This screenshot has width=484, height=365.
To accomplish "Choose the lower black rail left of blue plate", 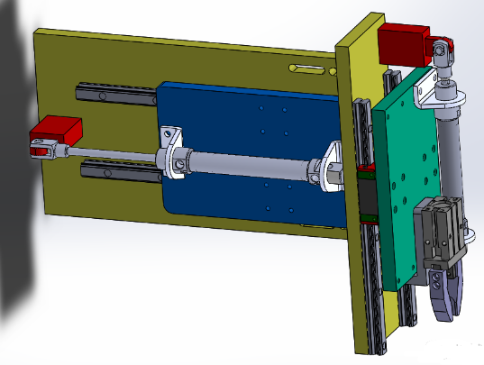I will click(x=117, y=170).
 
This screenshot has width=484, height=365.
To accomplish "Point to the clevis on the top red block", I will click(x=442, y=53).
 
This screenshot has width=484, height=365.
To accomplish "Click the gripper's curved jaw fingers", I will click(x=446, y=293).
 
